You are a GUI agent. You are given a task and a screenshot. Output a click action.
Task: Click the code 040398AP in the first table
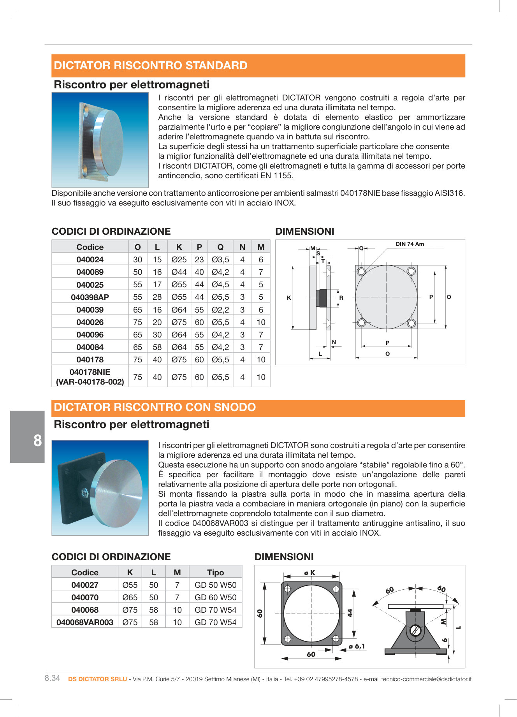[x=90, y=297]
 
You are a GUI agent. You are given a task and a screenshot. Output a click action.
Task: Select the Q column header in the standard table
[x=220, y=247]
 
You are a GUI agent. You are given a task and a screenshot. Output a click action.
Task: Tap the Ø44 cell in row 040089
[x=179, y=272]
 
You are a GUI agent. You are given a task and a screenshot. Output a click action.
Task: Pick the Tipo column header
[x=215, y=572]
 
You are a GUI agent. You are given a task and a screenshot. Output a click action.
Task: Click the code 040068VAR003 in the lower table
[x=85, y=622]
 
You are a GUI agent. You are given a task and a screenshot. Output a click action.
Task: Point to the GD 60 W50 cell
[x=215, y=597]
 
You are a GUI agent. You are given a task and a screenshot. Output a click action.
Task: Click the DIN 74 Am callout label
[x=410, y=244]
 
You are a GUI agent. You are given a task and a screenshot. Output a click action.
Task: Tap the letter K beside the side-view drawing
[x=289, y=298]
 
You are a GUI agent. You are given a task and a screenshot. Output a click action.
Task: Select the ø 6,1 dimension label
[x=357, y=647]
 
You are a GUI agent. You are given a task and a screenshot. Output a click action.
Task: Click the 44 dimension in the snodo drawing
[x=350, y=613]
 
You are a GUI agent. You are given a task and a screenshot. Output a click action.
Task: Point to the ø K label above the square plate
[x=309, y=573]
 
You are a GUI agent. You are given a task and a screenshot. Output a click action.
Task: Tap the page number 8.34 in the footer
[x=52, y=678]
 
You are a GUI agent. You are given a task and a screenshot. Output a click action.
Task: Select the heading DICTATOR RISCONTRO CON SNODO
[x=155, y=407]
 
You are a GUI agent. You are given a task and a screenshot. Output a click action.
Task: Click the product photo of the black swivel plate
[x=100, y=487]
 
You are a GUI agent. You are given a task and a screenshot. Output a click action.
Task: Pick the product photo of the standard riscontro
[x=100, y=140]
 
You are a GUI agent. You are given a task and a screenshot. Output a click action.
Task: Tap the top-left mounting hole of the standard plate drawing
[x=361, y=271]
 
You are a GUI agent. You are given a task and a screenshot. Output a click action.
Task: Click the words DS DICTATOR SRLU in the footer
[x=97, y=679]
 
